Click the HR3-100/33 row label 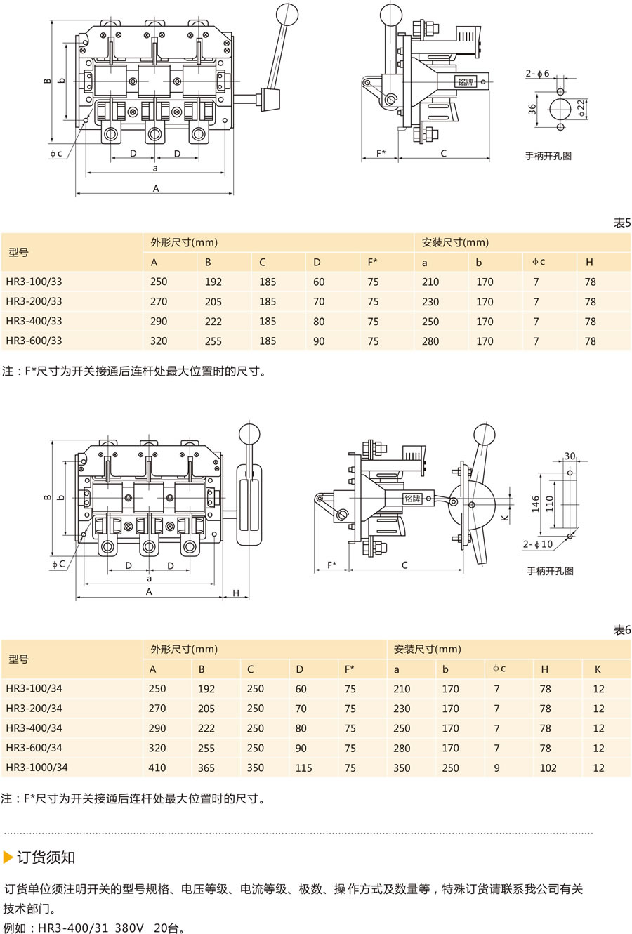[34, 282]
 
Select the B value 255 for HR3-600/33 [213, 341]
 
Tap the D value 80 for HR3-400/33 [319, 322]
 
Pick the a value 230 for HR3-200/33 [430, 302]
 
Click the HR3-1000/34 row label [37, 767]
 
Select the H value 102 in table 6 [548, 768]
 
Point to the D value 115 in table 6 [303, 768]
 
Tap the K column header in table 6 [598, 669]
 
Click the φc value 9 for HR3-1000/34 [496, 768]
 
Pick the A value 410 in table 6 [157, 768]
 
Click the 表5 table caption [622, 223]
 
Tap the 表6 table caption [622, 630]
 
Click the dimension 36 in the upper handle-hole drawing [532, 110]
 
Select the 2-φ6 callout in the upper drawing [537, 73]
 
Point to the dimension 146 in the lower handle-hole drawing [536, 504]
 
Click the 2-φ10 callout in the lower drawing [538, 544]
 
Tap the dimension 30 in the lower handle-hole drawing [570, 456]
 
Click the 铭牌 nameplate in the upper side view [466, 81]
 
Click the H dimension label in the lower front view [236, 593]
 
